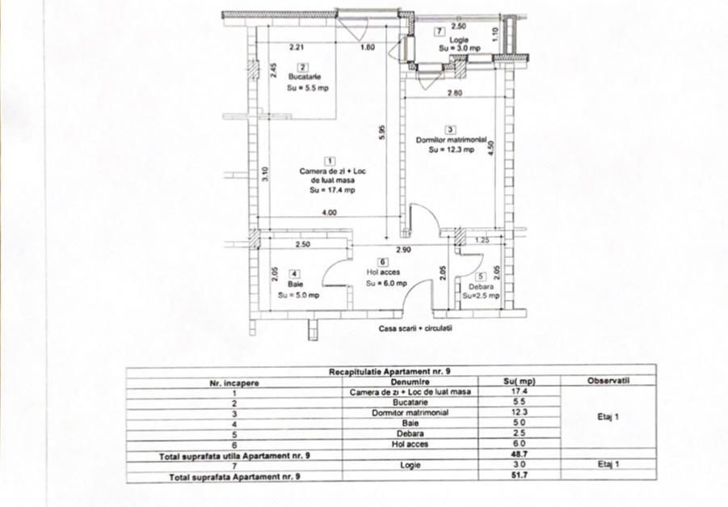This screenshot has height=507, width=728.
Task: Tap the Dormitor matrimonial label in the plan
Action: (x=451, y=140)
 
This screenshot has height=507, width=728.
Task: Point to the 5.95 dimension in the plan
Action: (x=382, y=132)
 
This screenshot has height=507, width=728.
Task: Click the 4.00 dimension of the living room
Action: (x=329, y=213)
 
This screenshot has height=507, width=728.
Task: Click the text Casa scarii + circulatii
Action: (x=415, y=329)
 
